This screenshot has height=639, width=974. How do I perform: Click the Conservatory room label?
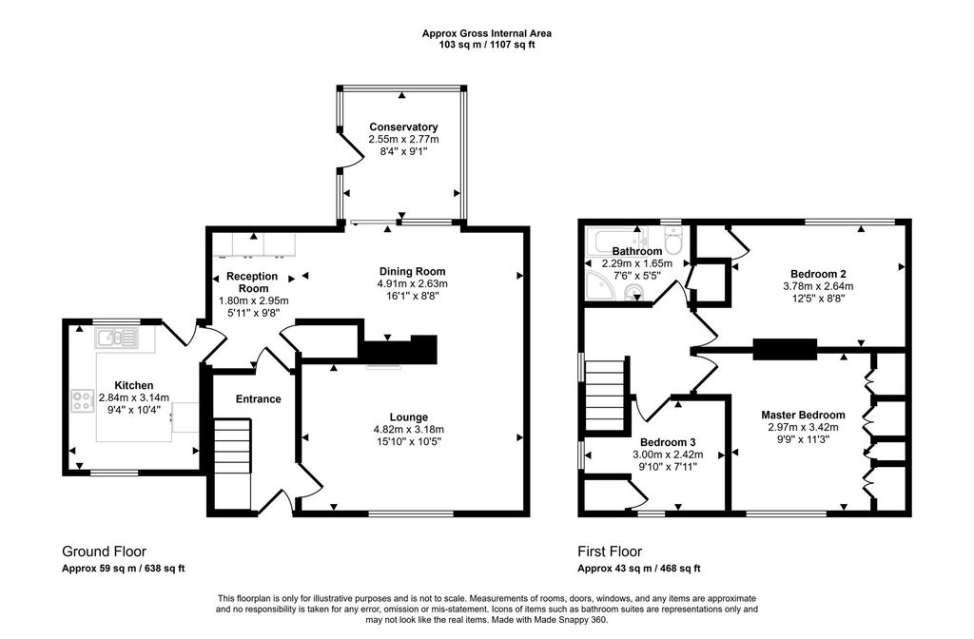pyautogui.click(x=403, y=126)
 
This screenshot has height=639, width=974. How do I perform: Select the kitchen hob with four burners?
pyautogui.click(x=81, y=400)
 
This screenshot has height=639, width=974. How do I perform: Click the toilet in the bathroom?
pyautogui.click(x=673, y=242)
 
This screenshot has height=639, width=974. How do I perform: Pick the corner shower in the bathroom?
pyautogui.click(x=600, y=286)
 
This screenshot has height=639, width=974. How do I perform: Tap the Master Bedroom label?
pyautogui.click(x=803, y=415)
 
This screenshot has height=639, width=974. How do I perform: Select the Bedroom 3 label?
pyautogui.click(x=668, y=442)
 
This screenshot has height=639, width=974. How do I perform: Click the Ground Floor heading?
pyautogui.click(x=104, y=552)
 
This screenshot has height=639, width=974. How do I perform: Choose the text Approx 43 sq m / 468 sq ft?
pyautogui.click(x=639, y=569)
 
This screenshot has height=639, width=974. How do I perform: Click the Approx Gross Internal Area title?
pyautogui.click(x=486, y=33)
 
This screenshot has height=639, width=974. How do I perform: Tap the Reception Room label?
pyautogui.click(x=252, y=281)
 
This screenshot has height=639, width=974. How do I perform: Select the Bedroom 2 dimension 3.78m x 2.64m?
pyautogui.click(x=813, y=285)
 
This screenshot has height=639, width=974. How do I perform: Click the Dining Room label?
pyautogui.click(x=412, y=271)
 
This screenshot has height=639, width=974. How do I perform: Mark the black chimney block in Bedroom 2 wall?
pyautogui.click(x=785, y=349)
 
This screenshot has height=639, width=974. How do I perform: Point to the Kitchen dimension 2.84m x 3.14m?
pyautogui.click(x=133, y=397)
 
